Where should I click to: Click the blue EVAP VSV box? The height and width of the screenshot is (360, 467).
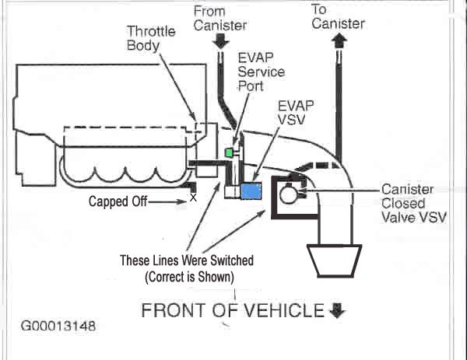[x=251, y=191]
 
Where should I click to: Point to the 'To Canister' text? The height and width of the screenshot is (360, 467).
[x=338, y=16]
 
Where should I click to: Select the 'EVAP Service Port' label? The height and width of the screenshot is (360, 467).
[x=262, y=71]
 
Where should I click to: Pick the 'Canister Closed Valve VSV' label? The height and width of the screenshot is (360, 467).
[x=414, y=203]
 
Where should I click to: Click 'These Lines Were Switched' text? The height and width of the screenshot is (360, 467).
[x=186, y=260]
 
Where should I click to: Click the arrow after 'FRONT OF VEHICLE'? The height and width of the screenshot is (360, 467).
[x=337, y=311]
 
